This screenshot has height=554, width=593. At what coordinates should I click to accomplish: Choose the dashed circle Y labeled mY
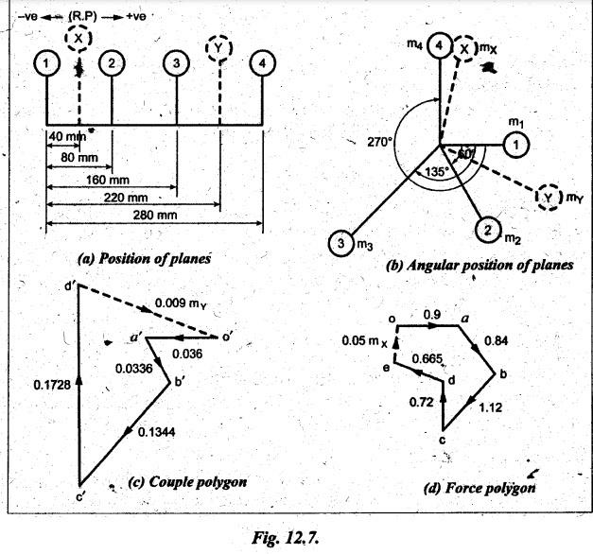click(x=548, y=197)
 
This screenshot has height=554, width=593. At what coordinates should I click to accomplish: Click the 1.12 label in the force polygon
click(x=491, y=407)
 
